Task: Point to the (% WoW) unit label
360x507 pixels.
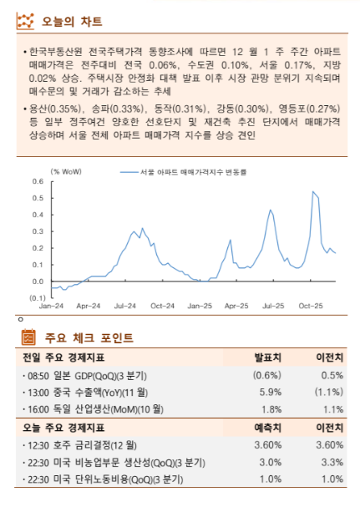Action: (66, 171)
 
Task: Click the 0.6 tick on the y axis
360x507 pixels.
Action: (38, 181)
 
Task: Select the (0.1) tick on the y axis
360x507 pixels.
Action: (37, 297)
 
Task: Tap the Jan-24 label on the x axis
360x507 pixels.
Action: (52, 307)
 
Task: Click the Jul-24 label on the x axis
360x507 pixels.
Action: (125, 307)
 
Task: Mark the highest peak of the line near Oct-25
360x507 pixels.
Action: (313, 192)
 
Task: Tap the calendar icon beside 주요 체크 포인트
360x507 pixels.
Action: (27, 337)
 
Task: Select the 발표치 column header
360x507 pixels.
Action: (267, 357)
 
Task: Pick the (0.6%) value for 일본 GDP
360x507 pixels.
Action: (266, 375)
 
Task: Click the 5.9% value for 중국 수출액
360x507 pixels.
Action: (270, 392)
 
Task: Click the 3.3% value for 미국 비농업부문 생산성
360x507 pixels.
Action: (332, 462)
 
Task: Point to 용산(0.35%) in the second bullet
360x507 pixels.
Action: (51, 109)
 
